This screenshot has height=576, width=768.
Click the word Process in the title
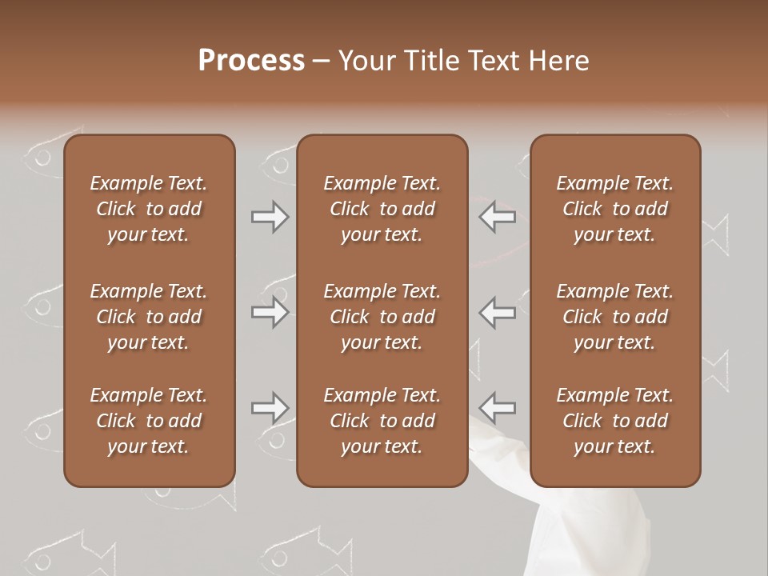click(x=251, y=61)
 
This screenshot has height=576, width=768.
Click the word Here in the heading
click(x=558, y=61)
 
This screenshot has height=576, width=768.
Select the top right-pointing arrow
click(x=270, y=217)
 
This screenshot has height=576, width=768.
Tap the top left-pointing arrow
click(x=497, y=217)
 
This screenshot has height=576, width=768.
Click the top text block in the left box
click(x=149, y=209)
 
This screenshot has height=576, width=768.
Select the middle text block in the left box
click(x=149, y=317)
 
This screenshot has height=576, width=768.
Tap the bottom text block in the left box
click(x=149, y=421)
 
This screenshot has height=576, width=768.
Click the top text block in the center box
click(x=382, y=209)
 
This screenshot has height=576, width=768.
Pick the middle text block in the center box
click(x=382, y=317)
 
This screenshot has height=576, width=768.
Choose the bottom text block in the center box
click(x=382, y=421)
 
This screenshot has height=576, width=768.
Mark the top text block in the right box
click(x=615, y=209)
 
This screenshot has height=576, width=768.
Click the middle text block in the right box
click(x=615, y=317)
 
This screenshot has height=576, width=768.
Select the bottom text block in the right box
click(x=615, y=421)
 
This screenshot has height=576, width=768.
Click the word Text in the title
click(x=493, y=61)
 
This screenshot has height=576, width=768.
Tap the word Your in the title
click(x=364, y=61)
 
